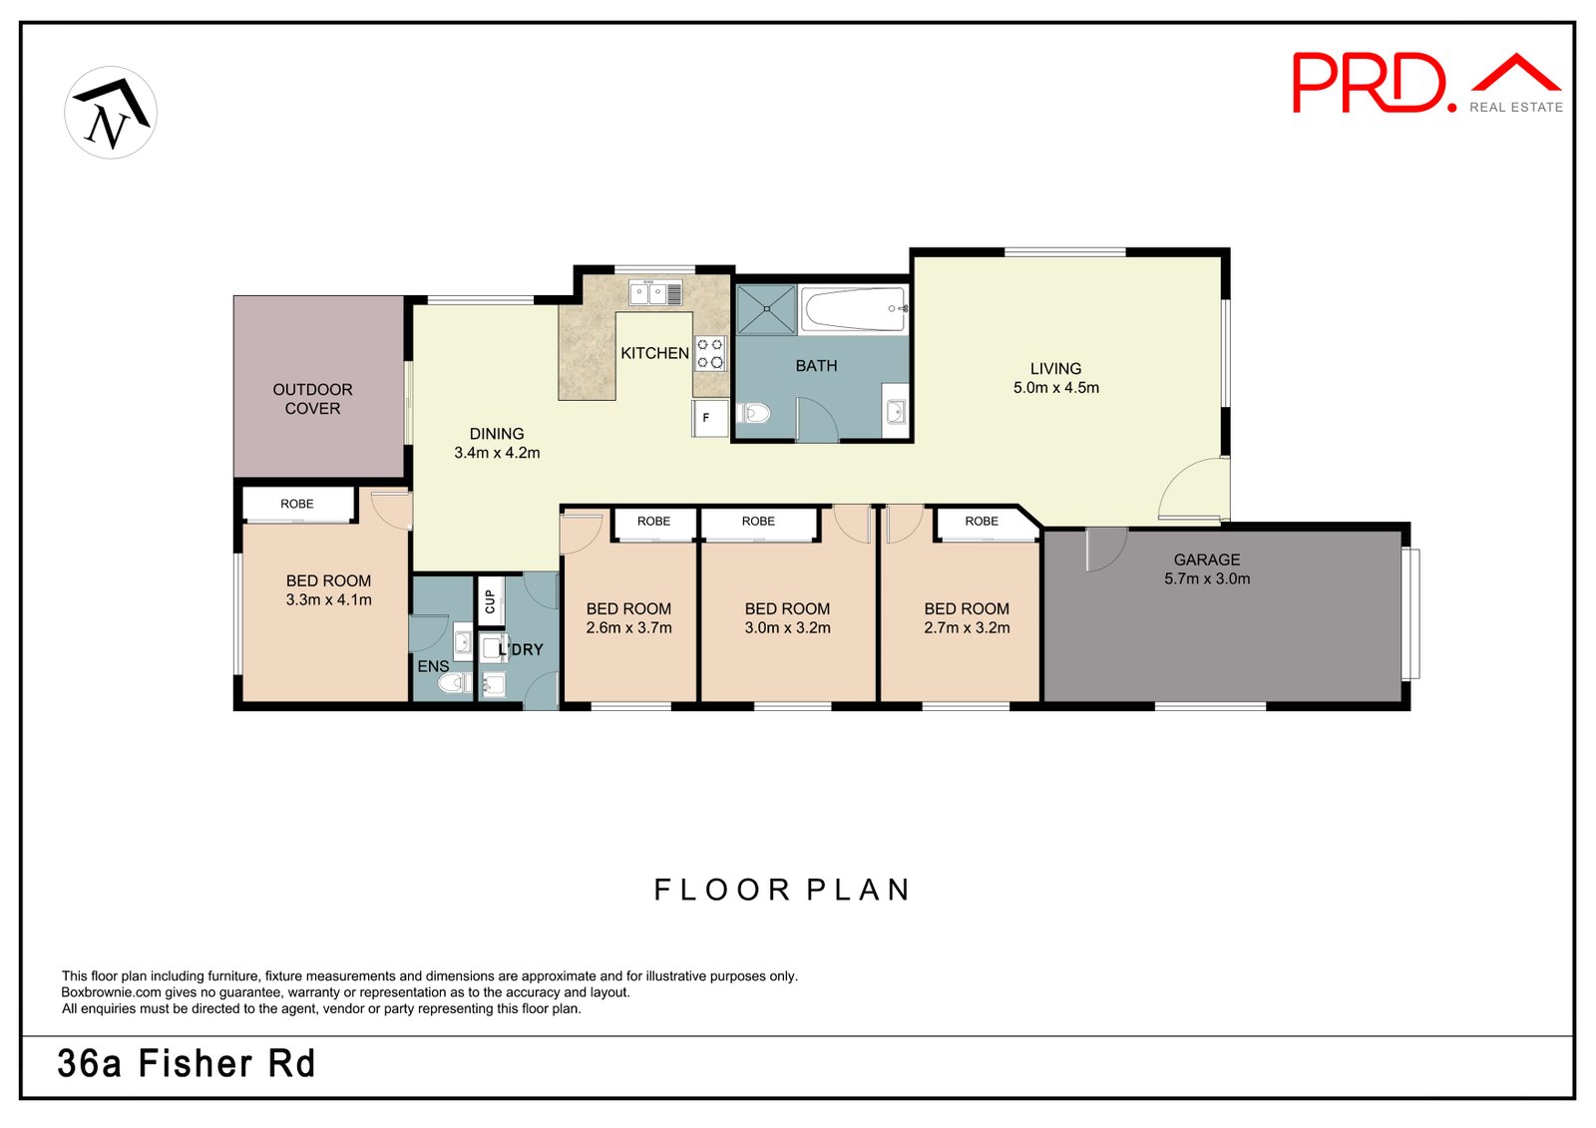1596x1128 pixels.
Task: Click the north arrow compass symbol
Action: tap(111, 113)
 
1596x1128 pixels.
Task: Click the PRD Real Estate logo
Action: tap(1425, 83)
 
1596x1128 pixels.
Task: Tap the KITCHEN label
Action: tap(654, 353)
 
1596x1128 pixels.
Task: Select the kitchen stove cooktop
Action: tap(710, 353)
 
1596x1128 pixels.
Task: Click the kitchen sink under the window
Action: tap(654, 293)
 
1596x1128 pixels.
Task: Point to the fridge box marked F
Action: tap(707, 418)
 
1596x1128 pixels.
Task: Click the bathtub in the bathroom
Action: tap(854, 309)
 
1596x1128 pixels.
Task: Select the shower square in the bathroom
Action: tap(766, 309)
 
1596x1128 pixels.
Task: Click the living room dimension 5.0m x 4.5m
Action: tap(1055, 388)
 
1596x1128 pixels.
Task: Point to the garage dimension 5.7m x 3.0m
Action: tap(1206, 578)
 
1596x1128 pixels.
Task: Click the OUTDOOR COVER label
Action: tap(312, 399)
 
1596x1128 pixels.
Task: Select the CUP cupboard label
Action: tap(490, 601)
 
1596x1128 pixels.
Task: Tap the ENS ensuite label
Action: tap(433, 666)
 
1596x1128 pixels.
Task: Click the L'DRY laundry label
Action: tap(522, 650)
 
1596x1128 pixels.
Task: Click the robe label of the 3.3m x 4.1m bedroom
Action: tap(297, 504)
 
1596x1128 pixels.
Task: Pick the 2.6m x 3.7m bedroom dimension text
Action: tap(628, 628)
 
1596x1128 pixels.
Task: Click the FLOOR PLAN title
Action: tap(782, 890)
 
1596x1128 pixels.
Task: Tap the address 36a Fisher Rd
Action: tap(187, 1064)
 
